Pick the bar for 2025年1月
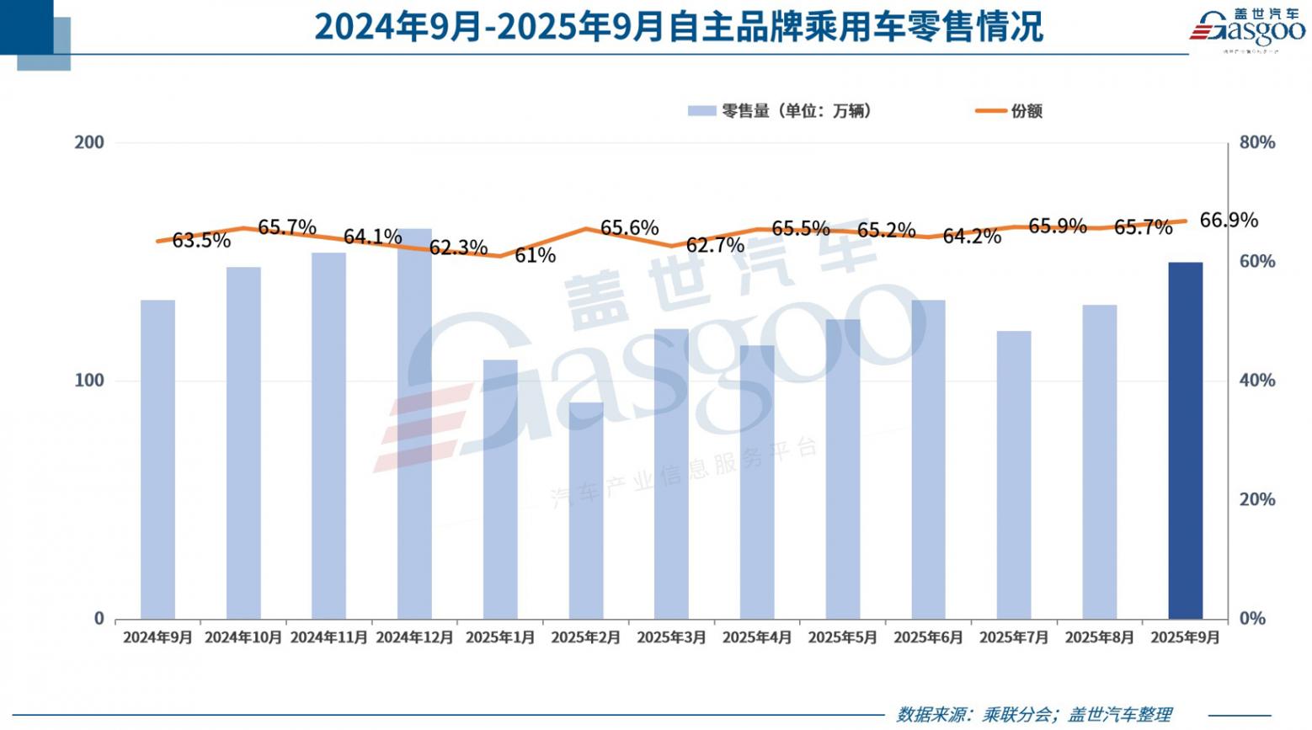(x=500, y=489)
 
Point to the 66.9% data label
(x=1229, y=221)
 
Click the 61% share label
(x=535, y=255)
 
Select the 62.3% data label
(x=458, y=248)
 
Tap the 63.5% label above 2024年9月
(x=201, y=241)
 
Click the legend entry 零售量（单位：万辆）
(x=780, y=111)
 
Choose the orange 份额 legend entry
(x=1009, y=111)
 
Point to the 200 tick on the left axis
(x=90, y=142)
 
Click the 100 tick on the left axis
(x=90, y=381)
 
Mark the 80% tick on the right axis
(x=1256, y=143)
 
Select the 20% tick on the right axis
(x=1256, y=500)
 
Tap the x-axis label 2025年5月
(x=842, y=637)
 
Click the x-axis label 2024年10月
(x=243, y=637)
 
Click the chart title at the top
(x=679, y=27)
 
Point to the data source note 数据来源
(x=1033, y=714)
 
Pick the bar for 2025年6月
(x=928, y=459)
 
